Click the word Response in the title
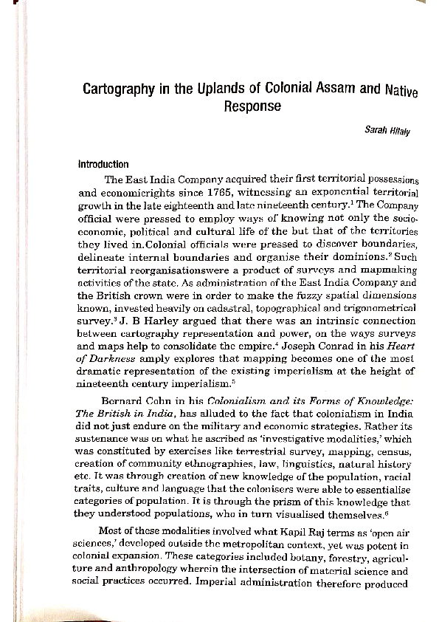coord(252,106)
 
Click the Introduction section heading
coord(103,165)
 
